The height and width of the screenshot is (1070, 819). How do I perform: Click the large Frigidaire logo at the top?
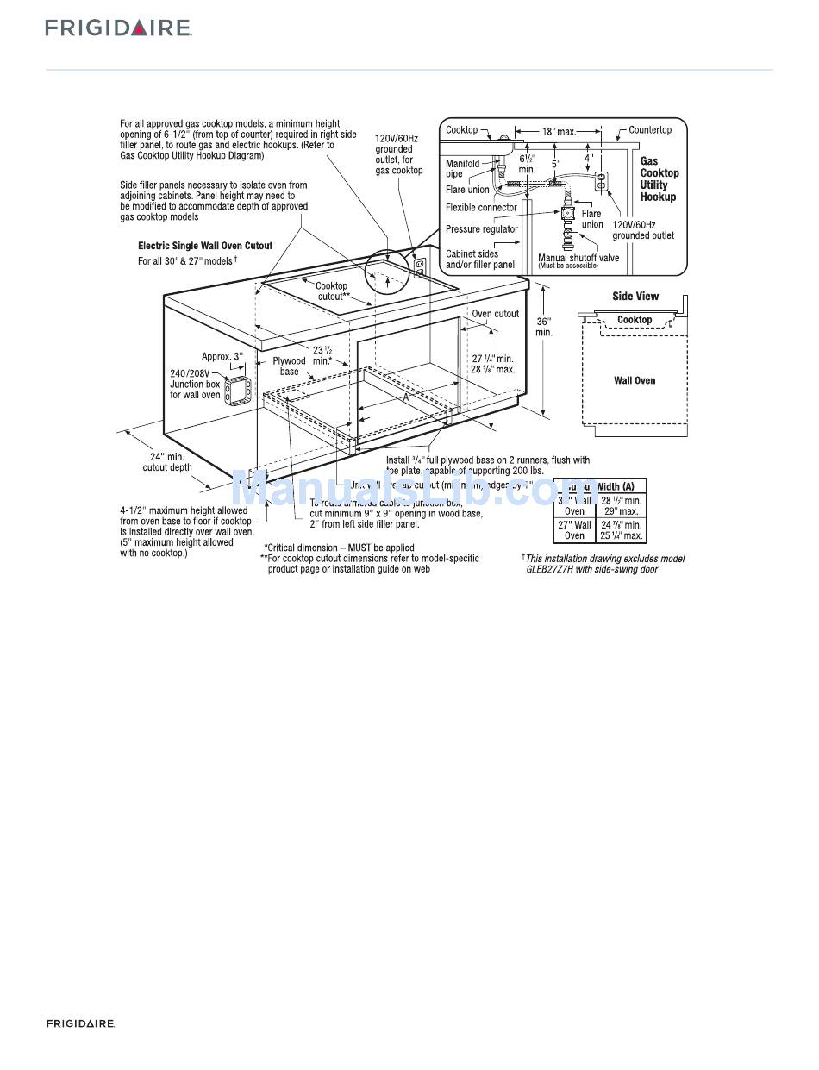[119, 28]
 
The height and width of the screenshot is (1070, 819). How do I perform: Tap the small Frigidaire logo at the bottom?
[80, 1023]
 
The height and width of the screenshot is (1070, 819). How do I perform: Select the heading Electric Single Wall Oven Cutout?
[205, 246]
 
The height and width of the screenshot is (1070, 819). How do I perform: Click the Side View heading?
[635, 297]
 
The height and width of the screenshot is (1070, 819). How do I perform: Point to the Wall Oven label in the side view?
[635, 380]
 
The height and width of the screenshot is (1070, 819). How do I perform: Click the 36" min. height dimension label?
[543, 327]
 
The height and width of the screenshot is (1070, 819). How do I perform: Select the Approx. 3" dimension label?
[222, 356]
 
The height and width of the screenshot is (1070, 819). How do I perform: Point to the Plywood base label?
[290, 366]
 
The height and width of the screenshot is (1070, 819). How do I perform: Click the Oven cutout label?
[496, 314]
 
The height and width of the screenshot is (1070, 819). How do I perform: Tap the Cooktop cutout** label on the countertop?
[332, 291]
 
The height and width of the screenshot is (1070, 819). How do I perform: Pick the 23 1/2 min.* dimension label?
[323, 355]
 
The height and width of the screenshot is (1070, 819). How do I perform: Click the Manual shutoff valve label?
[578, 258]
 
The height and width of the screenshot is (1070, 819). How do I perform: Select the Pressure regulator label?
[481, 229]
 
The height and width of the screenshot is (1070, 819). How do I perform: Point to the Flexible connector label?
[481, 208]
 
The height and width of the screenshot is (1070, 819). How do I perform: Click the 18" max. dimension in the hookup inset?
[559, 132]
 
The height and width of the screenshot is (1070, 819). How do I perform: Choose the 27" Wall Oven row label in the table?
[574, 530]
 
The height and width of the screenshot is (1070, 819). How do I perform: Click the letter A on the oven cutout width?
[405, 398]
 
